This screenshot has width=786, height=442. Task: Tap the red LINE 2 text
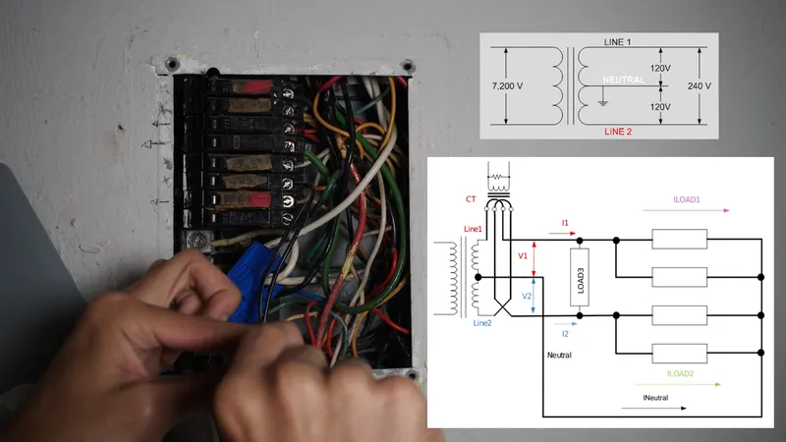pyautogui.click(x=619, y=131)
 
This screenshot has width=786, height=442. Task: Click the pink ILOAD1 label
pyautogui.click(x=686, y=199)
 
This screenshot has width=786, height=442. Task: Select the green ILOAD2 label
pyautogui.click(x=686, y=372)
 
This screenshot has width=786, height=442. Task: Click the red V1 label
pyautogui.click(x=523, y=257)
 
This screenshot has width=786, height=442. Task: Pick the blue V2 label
pyautogui.click(x=527, y=296)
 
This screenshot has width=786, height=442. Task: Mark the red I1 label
pyautogui.click(x=566, y=224)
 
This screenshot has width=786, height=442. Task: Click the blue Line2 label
pyautogui.click(x=482, y=323)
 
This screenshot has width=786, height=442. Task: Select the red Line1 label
pyautogui.click(x=473, y=229)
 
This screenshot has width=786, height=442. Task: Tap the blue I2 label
pyautogui.click(x=565, y=335)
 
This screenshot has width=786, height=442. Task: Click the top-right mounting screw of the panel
pyautogui.click(x=408, y=66)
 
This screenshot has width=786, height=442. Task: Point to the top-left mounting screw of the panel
pyautogui.click(x=172, y=64)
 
